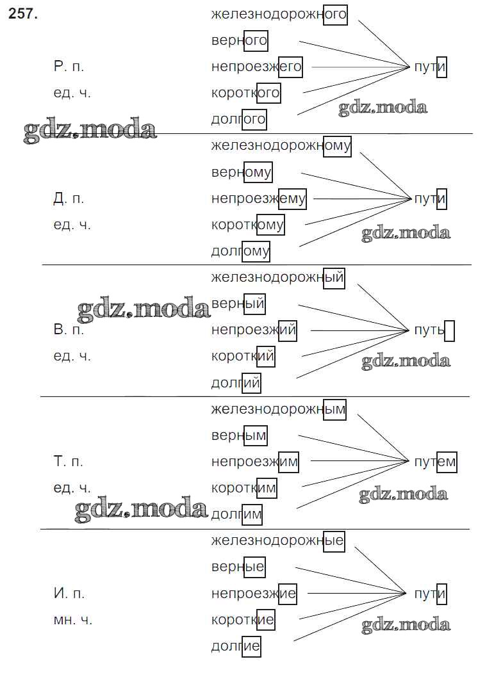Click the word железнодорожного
point(279,14)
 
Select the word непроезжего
point(256,67)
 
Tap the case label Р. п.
point(69,67)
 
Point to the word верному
point(242,172)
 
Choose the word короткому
point(247,225)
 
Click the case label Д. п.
point(69,199)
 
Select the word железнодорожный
point(277,278)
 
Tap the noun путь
point(429,330)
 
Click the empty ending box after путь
point(449,331)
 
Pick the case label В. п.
point(69,330)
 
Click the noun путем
point(435,462)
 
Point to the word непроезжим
point(255,462)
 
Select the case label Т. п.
point(69,462)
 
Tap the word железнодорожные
point(277,542)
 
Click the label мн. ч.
point(72,620)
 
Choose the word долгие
point(236,646)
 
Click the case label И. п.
point(69,594)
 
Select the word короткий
point(243,357)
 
